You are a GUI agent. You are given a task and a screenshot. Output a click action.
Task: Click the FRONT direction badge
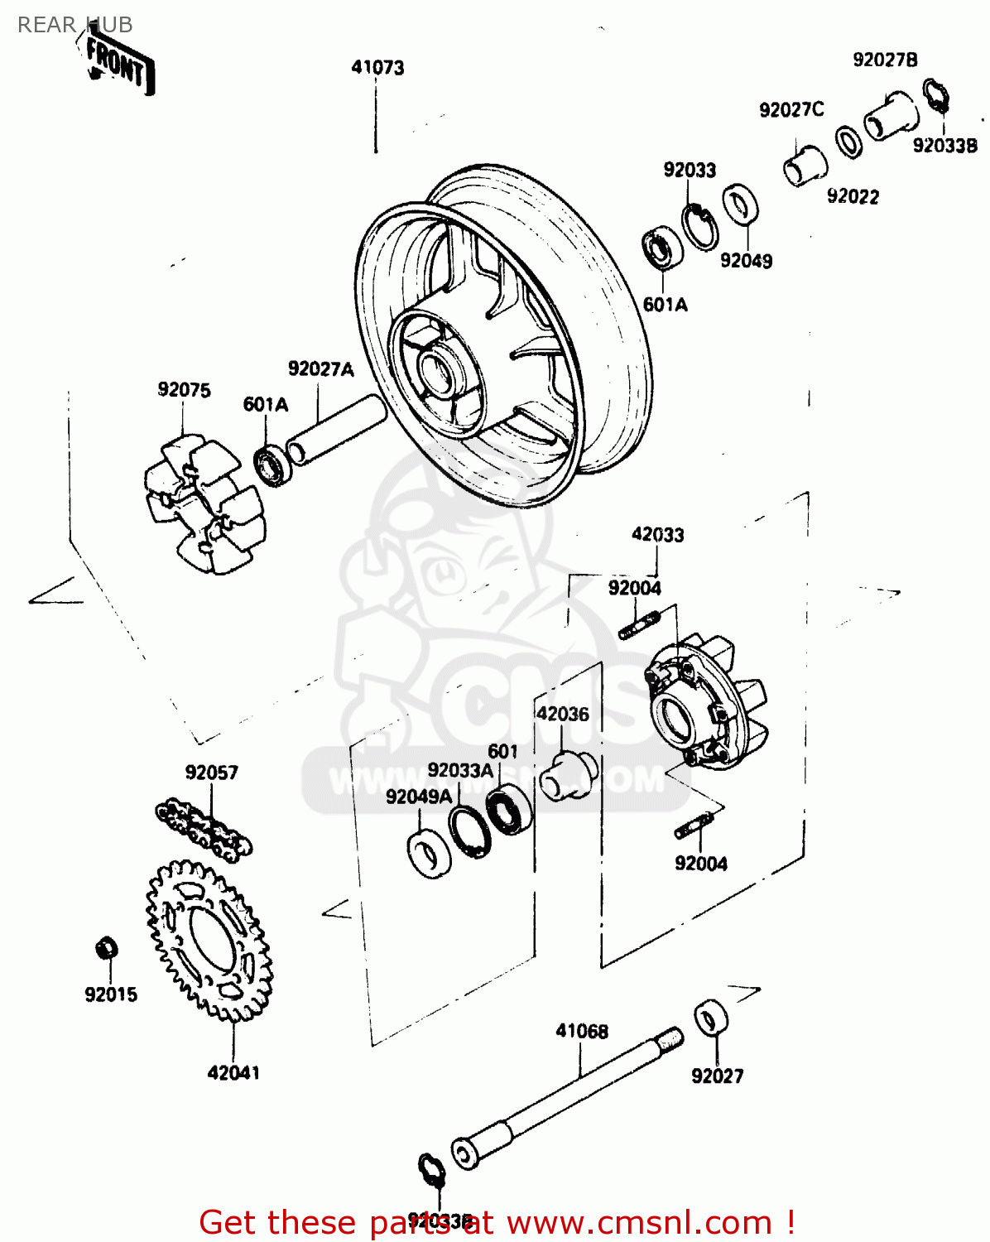coord(118,64)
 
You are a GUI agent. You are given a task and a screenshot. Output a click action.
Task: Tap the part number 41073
coord(377,67)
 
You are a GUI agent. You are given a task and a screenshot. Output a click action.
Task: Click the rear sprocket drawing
coord(210,939)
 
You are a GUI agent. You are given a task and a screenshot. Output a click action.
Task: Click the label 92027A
coord(320,369)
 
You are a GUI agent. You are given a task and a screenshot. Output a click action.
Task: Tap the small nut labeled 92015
coord(107,947)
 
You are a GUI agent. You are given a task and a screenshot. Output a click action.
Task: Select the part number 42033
coord(658,535)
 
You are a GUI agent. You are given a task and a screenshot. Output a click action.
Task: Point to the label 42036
coord(563,714)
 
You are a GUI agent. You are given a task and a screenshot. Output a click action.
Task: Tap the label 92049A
coord(419,797)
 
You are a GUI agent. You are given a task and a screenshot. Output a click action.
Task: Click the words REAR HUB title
coord(74,25)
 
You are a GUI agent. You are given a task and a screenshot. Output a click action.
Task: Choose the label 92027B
coord(885,60)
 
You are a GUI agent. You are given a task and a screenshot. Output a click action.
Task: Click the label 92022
coord(853,196)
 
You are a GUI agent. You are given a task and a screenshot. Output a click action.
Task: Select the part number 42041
coord(233,1073)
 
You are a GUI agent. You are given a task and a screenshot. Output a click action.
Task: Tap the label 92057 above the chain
coord(212,773)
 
